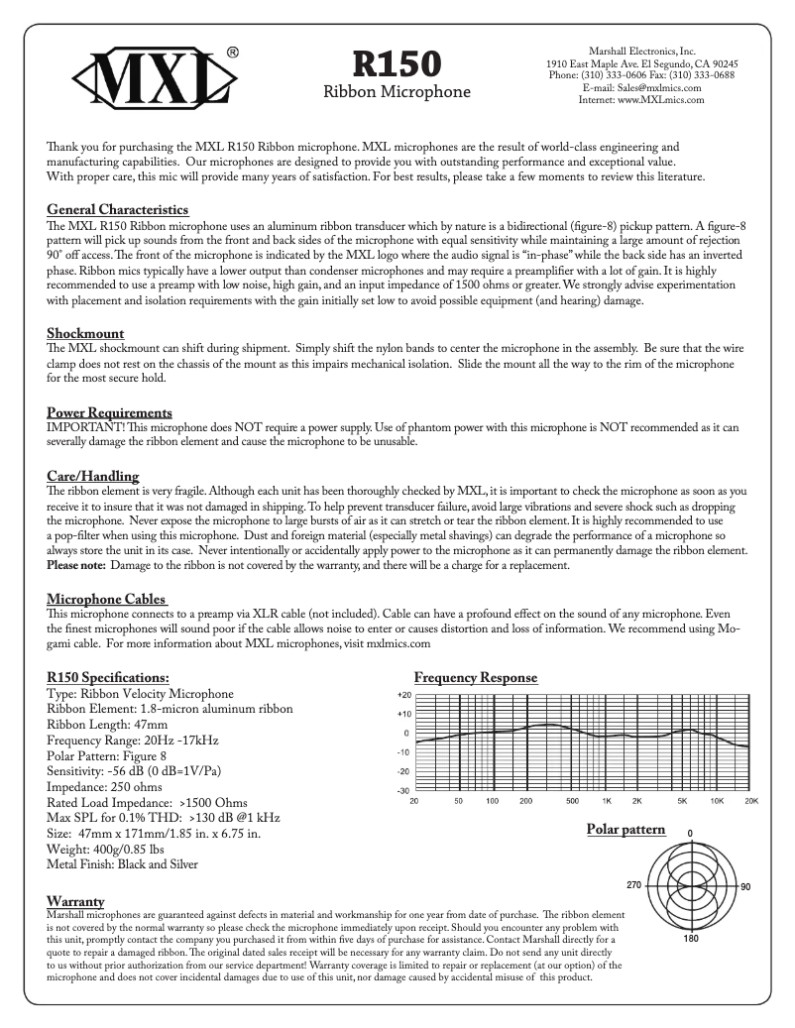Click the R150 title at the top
pyautogui.click(x=397, y=63)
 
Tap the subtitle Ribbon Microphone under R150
pyautogui.click(x=397, y=92)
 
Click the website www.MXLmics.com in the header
pyautogui.click(x=640, y=99)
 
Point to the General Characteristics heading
pyautogui.click(x=118, y=210)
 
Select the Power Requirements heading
pyautogui.click(x=109, y=412)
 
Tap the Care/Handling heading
pyautogui.click(x=93, y=476)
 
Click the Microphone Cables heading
pyautogui.click(x=107, y=599)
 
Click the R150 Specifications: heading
pyautogui.click(x=108, y=678)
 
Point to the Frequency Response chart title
pyautogui.click(x=476, y=678)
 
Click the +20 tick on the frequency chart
pyautogui.click(x=403, y=695)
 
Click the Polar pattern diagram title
pyautogui.click(x=625, y=829)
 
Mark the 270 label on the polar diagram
pyautogui.click(x=635, y=884)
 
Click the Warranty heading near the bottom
pyautogui.click(x=76, y=901)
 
